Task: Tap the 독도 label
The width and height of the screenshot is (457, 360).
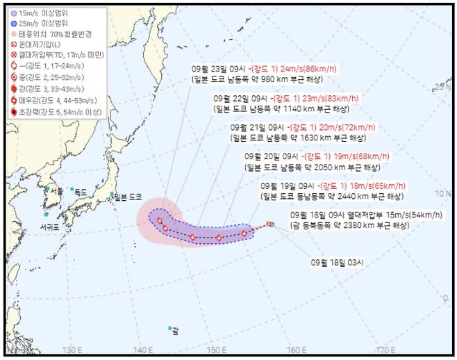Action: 81,192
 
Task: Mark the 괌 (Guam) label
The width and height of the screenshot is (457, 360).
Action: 176,331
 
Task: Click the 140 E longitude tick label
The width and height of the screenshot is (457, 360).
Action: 143,350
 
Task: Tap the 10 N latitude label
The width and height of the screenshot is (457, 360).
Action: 439,193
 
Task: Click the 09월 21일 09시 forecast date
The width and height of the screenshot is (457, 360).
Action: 255,128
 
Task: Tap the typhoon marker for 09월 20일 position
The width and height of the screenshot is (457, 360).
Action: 219,238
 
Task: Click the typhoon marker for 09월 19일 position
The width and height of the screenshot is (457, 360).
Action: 244,234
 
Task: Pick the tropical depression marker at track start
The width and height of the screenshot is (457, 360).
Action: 269,224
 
